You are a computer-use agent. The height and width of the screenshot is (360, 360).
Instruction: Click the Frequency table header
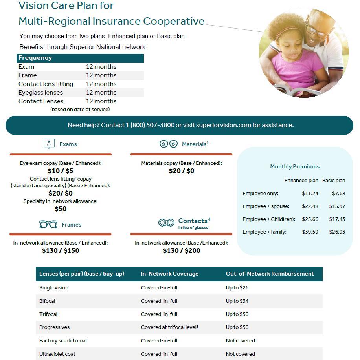(35, 58)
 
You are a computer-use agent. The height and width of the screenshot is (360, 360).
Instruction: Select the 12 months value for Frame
(101, 75)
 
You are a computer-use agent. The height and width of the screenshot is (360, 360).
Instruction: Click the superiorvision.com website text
(223, 125)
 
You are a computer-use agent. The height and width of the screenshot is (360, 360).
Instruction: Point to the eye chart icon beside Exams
(49, 144)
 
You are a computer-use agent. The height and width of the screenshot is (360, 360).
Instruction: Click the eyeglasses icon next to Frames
(48, 225)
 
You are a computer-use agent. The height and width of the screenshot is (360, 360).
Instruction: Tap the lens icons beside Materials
(169, 144)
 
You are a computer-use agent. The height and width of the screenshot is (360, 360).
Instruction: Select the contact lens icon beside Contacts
(166, 223)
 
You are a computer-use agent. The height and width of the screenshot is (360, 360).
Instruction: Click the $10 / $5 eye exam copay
(60, 171)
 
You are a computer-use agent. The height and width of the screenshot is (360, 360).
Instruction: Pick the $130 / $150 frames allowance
(60, 250)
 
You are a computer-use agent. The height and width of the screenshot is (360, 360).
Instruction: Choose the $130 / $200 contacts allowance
(181, 250)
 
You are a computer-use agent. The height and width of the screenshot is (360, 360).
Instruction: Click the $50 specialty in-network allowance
(60, 209)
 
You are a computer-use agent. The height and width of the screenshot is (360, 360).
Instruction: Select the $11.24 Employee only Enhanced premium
(310, 193)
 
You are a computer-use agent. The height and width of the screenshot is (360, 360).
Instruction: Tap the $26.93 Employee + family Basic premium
(338, 232)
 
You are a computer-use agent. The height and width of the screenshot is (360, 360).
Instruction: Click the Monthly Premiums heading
(295, 166)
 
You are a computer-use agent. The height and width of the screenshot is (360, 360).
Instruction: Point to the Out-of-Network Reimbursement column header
(270, 274)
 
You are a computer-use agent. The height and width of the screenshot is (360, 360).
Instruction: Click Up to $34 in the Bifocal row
(237, 301)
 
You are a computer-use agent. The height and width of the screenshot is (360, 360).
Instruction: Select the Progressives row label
(54, 327)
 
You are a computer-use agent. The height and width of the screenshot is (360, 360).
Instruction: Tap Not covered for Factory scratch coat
(240, 340)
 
